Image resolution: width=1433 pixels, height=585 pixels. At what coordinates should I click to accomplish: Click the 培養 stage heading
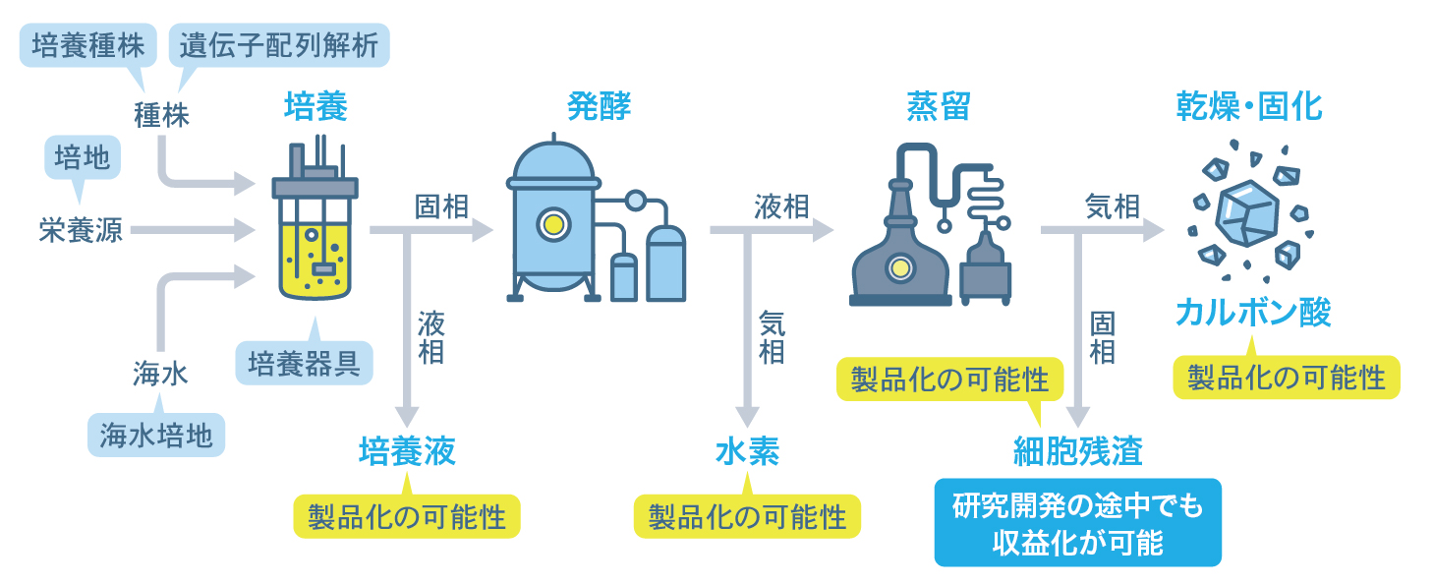[315, 106]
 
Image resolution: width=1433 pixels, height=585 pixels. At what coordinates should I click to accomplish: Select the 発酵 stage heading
[599, 106]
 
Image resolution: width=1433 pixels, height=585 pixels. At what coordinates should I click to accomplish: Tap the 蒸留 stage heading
[938, 106]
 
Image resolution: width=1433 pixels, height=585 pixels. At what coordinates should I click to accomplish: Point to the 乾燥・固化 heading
[1249, 106]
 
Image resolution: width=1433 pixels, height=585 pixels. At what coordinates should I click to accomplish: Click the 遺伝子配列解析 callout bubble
[279, 45]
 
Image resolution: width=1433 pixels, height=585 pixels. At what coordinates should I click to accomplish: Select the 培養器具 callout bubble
[304, 364]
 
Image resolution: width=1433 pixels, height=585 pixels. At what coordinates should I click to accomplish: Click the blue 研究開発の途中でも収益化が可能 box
[1077, 523]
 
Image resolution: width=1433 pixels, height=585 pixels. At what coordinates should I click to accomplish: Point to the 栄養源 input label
[82, 231]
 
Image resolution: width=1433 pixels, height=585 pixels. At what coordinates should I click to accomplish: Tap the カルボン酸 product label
[1253, 314]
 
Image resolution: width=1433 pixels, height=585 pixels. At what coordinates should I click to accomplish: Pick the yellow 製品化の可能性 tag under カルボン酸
[1287, 379]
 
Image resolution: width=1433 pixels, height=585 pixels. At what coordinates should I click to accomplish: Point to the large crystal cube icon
[1245, 212]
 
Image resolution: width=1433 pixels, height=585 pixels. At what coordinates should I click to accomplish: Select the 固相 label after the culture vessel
[441, 206]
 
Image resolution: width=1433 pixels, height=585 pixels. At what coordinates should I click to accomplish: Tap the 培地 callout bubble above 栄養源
[82, 157]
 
